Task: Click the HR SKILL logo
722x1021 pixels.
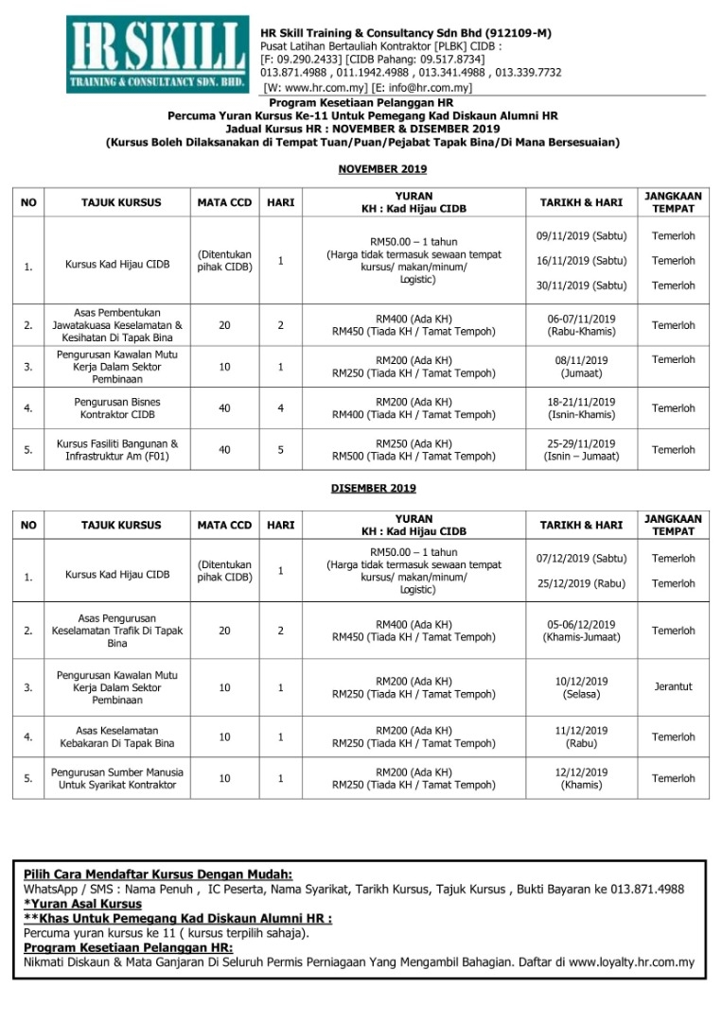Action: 156,55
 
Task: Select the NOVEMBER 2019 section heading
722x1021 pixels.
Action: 382,169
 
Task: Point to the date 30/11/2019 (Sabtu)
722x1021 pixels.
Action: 581,286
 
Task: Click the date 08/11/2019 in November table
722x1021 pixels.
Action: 581,360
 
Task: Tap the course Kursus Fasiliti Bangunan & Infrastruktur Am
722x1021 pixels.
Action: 117,450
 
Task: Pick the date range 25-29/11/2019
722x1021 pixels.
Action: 581,443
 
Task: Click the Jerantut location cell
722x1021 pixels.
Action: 673,687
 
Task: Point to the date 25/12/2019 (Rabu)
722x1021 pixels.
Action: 581,583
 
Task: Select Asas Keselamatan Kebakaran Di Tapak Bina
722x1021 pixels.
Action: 117,736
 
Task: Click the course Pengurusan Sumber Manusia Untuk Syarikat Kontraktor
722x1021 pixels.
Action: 117,778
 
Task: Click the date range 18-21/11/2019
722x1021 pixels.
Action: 581,402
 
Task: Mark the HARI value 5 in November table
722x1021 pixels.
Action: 281,450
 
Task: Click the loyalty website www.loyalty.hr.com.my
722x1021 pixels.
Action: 631,963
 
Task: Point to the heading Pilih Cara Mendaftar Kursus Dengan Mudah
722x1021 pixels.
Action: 158,874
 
